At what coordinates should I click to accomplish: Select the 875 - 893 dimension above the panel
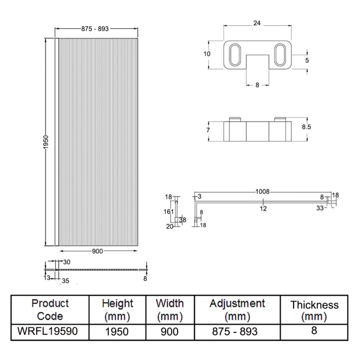pos(95,29)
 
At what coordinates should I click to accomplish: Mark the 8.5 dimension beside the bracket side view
pos(307,127)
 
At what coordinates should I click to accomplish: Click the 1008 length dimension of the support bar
pos(263,192)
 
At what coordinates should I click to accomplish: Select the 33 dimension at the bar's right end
pos(320,208)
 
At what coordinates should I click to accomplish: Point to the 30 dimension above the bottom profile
pos(67,262)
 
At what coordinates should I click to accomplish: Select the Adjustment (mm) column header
pos(237,310)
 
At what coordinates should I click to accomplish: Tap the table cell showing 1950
pos(117,332)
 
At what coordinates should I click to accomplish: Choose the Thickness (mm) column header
pos(314,310)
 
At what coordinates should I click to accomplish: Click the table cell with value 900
pos(170,332)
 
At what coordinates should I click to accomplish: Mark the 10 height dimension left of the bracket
pos(207,54)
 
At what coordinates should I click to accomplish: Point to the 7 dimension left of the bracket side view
pos(208,130)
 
